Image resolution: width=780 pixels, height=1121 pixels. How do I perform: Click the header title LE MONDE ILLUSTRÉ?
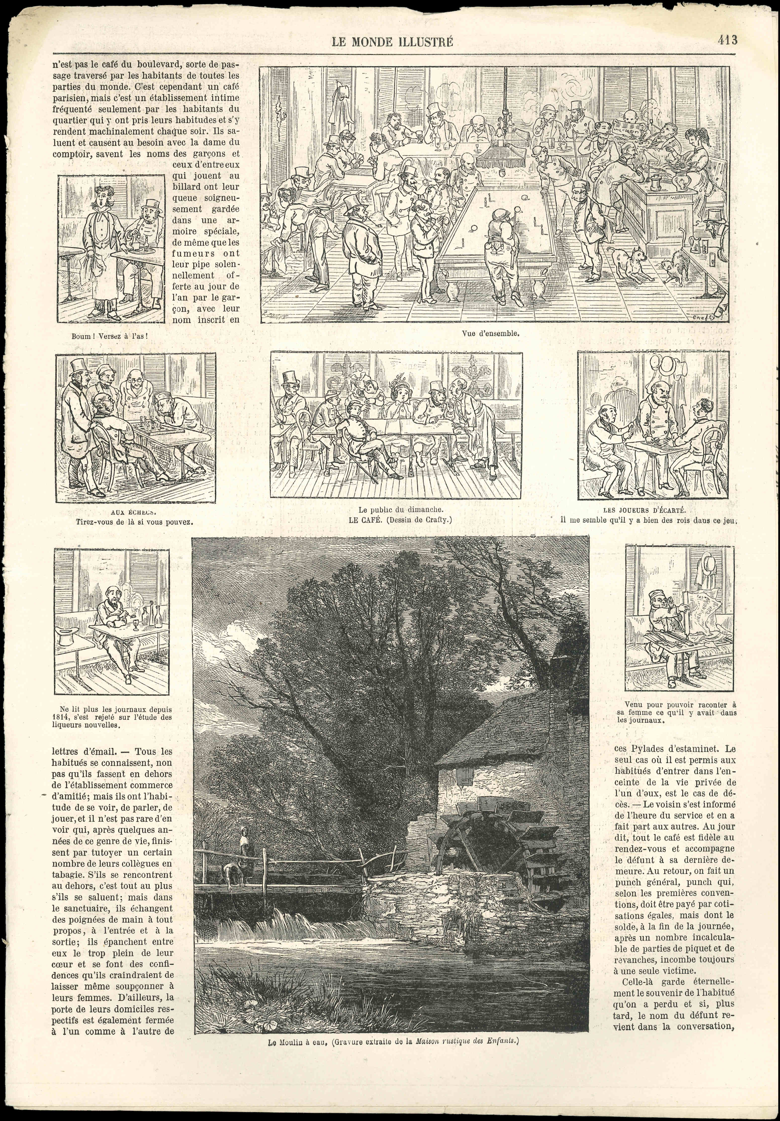click(x=392, y=42)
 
